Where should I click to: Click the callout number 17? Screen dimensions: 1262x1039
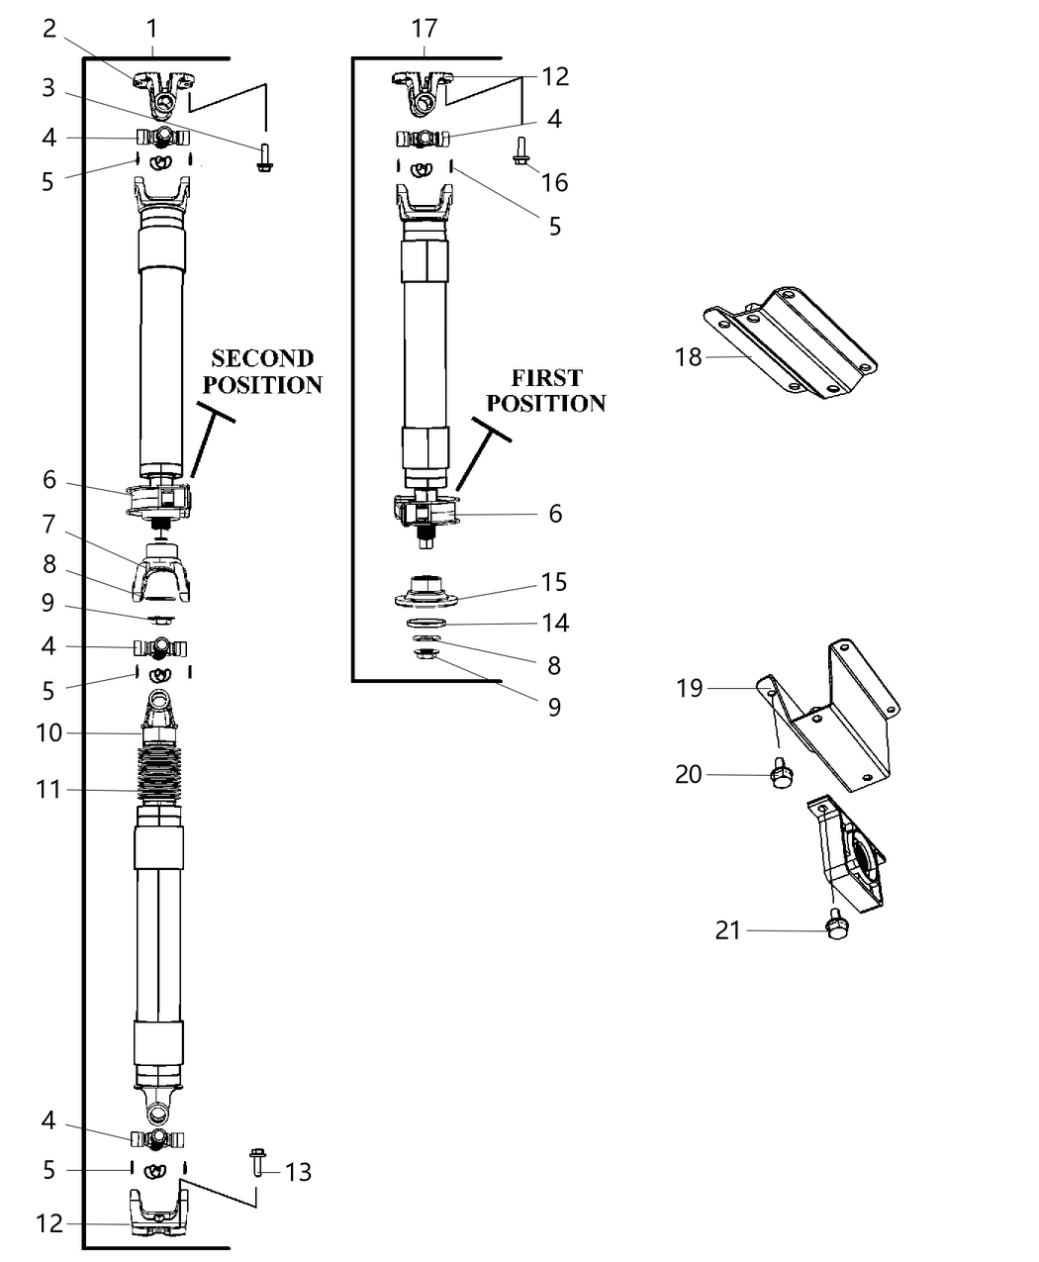(425, 29)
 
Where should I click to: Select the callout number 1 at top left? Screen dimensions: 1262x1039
(151, 29)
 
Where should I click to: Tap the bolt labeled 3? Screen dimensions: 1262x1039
(264, 157)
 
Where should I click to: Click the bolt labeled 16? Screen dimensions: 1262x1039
(521, 150)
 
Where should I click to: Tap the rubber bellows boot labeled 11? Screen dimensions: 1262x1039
(158, 772)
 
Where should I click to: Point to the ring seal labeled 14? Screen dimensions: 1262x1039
(425, 624)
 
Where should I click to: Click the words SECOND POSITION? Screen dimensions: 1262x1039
(263, 371)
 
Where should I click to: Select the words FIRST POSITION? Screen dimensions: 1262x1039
(546, 391)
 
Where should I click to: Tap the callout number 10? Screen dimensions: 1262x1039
(48, 732)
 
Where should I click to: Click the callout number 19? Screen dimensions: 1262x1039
(689, 688)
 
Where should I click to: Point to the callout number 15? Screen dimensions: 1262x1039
(555, 582)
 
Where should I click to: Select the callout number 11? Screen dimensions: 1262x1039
(48, 790)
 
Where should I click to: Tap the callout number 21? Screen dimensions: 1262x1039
(727, 930)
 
